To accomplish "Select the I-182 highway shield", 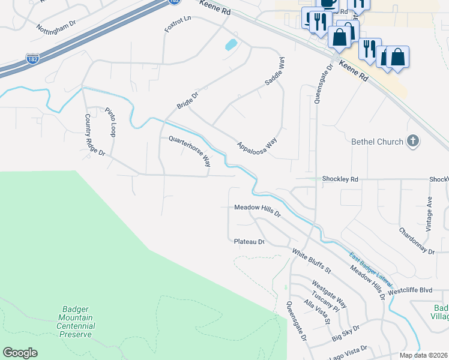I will pyautogui.click(x=33, y=59).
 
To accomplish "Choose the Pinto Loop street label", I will pyautogui.click(x=110, y=121).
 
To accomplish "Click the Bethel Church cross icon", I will pyautogui.click(x=412, y=142).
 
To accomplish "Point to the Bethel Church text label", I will pyautogui.click(x=377, y=142).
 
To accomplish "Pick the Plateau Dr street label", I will pyautogui.click(x=249, y=241).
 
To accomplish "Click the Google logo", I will pyautogui.click(x=20, y=353).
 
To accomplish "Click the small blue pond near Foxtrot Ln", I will pyautogui.click(x=229, y=45).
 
